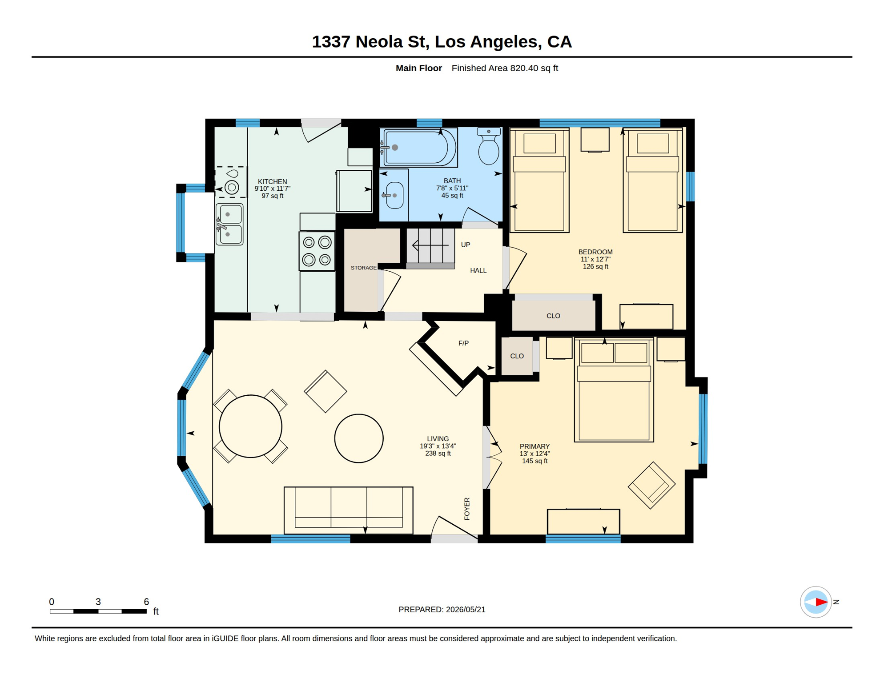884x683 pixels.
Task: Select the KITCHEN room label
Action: pyautogui.click(x=273, y=181)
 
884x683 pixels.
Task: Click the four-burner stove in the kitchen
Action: pyautogui.click(x=317, y=251)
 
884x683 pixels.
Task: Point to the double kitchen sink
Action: pyautogui.click(x=229, y=225)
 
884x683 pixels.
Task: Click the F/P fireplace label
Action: pyautogui.click(x=463, y=343)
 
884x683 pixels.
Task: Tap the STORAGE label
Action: pyautogui.click(x=364, y=268)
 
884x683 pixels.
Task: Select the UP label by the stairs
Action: pyautogui.click(x=466, y=245)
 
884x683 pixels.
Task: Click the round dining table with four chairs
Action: pyautogui.click(x=250, y=426)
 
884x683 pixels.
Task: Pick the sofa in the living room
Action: pyautogui.click(x=348, y=510)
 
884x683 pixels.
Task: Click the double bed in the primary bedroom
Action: pyautogui.click(x=614, y=390)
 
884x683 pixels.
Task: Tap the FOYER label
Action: pyautogui.click(x=467, y=509)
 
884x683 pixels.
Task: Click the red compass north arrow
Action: pyautogui.click(x=821, y=602)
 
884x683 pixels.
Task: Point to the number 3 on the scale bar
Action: pyautogui.click(x=98, y=602)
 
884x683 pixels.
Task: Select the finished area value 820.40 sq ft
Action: pyautogui.click(x=534, y=68)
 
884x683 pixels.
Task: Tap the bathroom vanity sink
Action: pyautogui.click(x=394, y=195)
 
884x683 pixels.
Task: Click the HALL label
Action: pyautogui.click(x=478, y=270)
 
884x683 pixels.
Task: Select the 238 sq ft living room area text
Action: pyautogui.click(x=438, y=454)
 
